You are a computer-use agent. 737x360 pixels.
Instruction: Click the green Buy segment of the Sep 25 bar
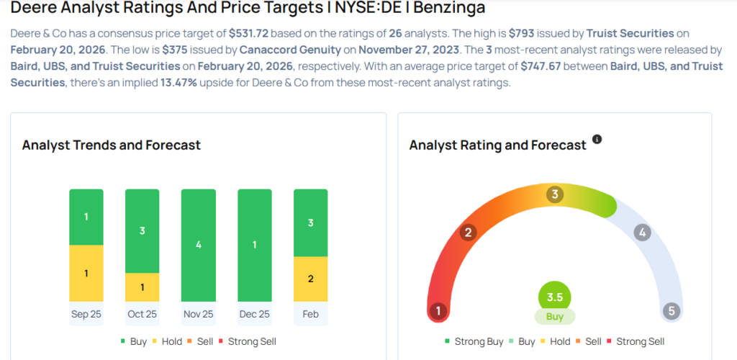tap(86, 217)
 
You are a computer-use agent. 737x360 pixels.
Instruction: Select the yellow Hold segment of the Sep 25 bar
tap(86, 273)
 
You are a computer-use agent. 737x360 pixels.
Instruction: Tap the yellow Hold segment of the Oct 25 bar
tap(143, 287)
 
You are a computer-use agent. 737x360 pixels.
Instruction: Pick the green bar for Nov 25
tap(199, 245)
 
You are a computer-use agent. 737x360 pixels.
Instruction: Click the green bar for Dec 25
tap(255, 245)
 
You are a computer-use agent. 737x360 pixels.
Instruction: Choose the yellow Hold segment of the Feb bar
tap(311, 279)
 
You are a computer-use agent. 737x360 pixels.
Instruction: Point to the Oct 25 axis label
tap(143, 314)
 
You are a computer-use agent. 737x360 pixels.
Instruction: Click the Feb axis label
tap(311, 314)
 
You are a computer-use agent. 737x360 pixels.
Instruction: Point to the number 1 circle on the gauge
tap(437, 311)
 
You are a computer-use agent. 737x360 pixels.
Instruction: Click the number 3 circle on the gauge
tap(554, 194)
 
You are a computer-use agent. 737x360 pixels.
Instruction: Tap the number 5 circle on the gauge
tap(672, 311)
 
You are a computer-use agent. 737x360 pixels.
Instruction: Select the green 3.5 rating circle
tap(554, 297)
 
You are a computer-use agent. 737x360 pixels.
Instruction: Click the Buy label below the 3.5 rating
tap(554, 316)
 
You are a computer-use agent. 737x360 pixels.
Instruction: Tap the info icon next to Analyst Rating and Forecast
tap(597, 139)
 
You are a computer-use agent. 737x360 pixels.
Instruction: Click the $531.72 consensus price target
tap(249, 33)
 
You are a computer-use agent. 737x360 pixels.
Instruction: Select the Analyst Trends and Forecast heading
tap(112, 145)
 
